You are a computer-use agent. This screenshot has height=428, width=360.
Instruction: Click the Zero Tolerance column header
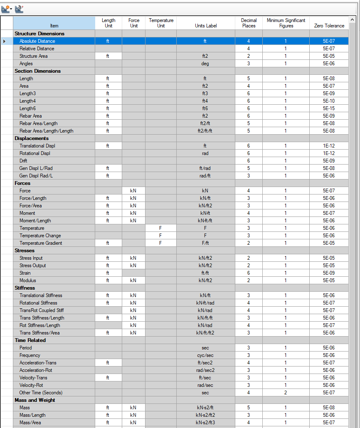(x=329, y=25)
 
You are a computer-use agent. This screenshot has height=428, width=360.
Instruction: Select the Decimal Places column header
(x=249, y=23)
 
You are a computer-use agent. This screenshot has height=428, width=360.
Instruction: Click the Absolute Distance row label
(x=37, y=41)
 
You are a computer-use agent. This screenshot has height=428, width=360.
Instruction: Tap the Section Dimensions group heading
(x=37, y=71)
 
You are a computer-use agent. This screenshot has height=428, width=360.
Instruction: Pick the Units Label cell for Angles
(x=205, y=64)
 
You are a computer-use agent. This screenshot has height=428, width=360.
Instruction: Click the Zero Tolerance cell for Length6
(x=329, y=108)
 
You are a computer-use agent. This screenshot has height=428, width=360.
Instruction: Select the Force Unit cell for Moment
(x=133, y=213)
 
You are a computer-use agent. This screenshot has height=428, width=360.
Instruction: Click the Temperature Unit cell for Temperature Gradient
(x=160, y=243)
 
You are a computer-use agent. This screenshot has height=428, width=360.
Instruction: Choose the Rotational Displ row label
(x=35, y=153)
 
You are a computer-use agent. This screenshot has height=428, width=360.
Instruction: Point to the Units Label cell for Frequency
(x=205, y=355)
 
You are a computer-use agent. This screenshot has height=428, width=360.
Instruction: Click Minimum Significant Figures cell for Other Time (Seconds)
(x=286, y=393)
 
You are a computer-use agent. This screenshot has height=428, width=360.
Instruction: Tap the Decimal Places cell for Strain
(x=249, y=273)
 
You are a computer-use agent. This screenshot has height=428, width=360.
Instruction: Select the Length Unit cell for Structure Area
(x=108, y=56)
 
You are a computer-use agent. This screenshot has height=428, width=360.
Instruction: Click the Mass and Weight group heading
(x=35, y=400)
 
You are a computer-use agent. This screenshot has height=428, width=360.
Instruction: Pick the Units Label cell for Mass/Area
(x=205, y=423)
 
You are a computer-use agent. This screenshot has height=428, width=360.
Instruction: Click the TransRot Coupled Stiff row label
(x=42, y=310)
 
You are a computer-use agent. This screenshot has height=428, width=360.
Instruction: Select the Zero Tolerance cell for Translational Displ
(x=329, y=146)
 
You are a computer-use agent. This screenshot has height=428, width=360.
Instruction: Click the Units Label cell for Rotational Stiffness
(x=205, y=303)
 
